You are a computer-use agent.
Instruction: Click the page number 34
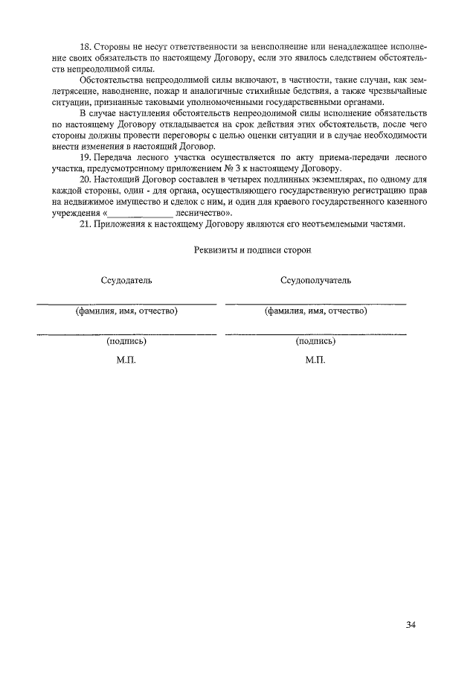pos(411,623)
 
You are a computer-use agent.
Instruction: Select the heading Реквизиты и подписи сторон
pos(251,250)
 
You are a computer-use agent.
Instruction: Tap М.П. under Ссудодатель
pos(126,360)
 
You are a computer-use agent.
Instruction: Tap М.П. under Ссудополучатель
pos(315,360)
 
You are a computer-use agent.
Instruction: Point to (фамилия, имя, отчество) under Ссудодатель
pos(126,311)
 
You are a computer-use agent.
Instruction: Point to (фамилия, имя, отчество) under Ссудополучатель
pos(315,311)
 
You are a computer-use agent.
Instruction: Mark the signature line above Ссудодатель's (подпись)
pos(126,334)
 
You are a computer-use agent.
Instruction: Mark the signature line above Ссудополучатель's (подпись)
pos(315,334)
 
